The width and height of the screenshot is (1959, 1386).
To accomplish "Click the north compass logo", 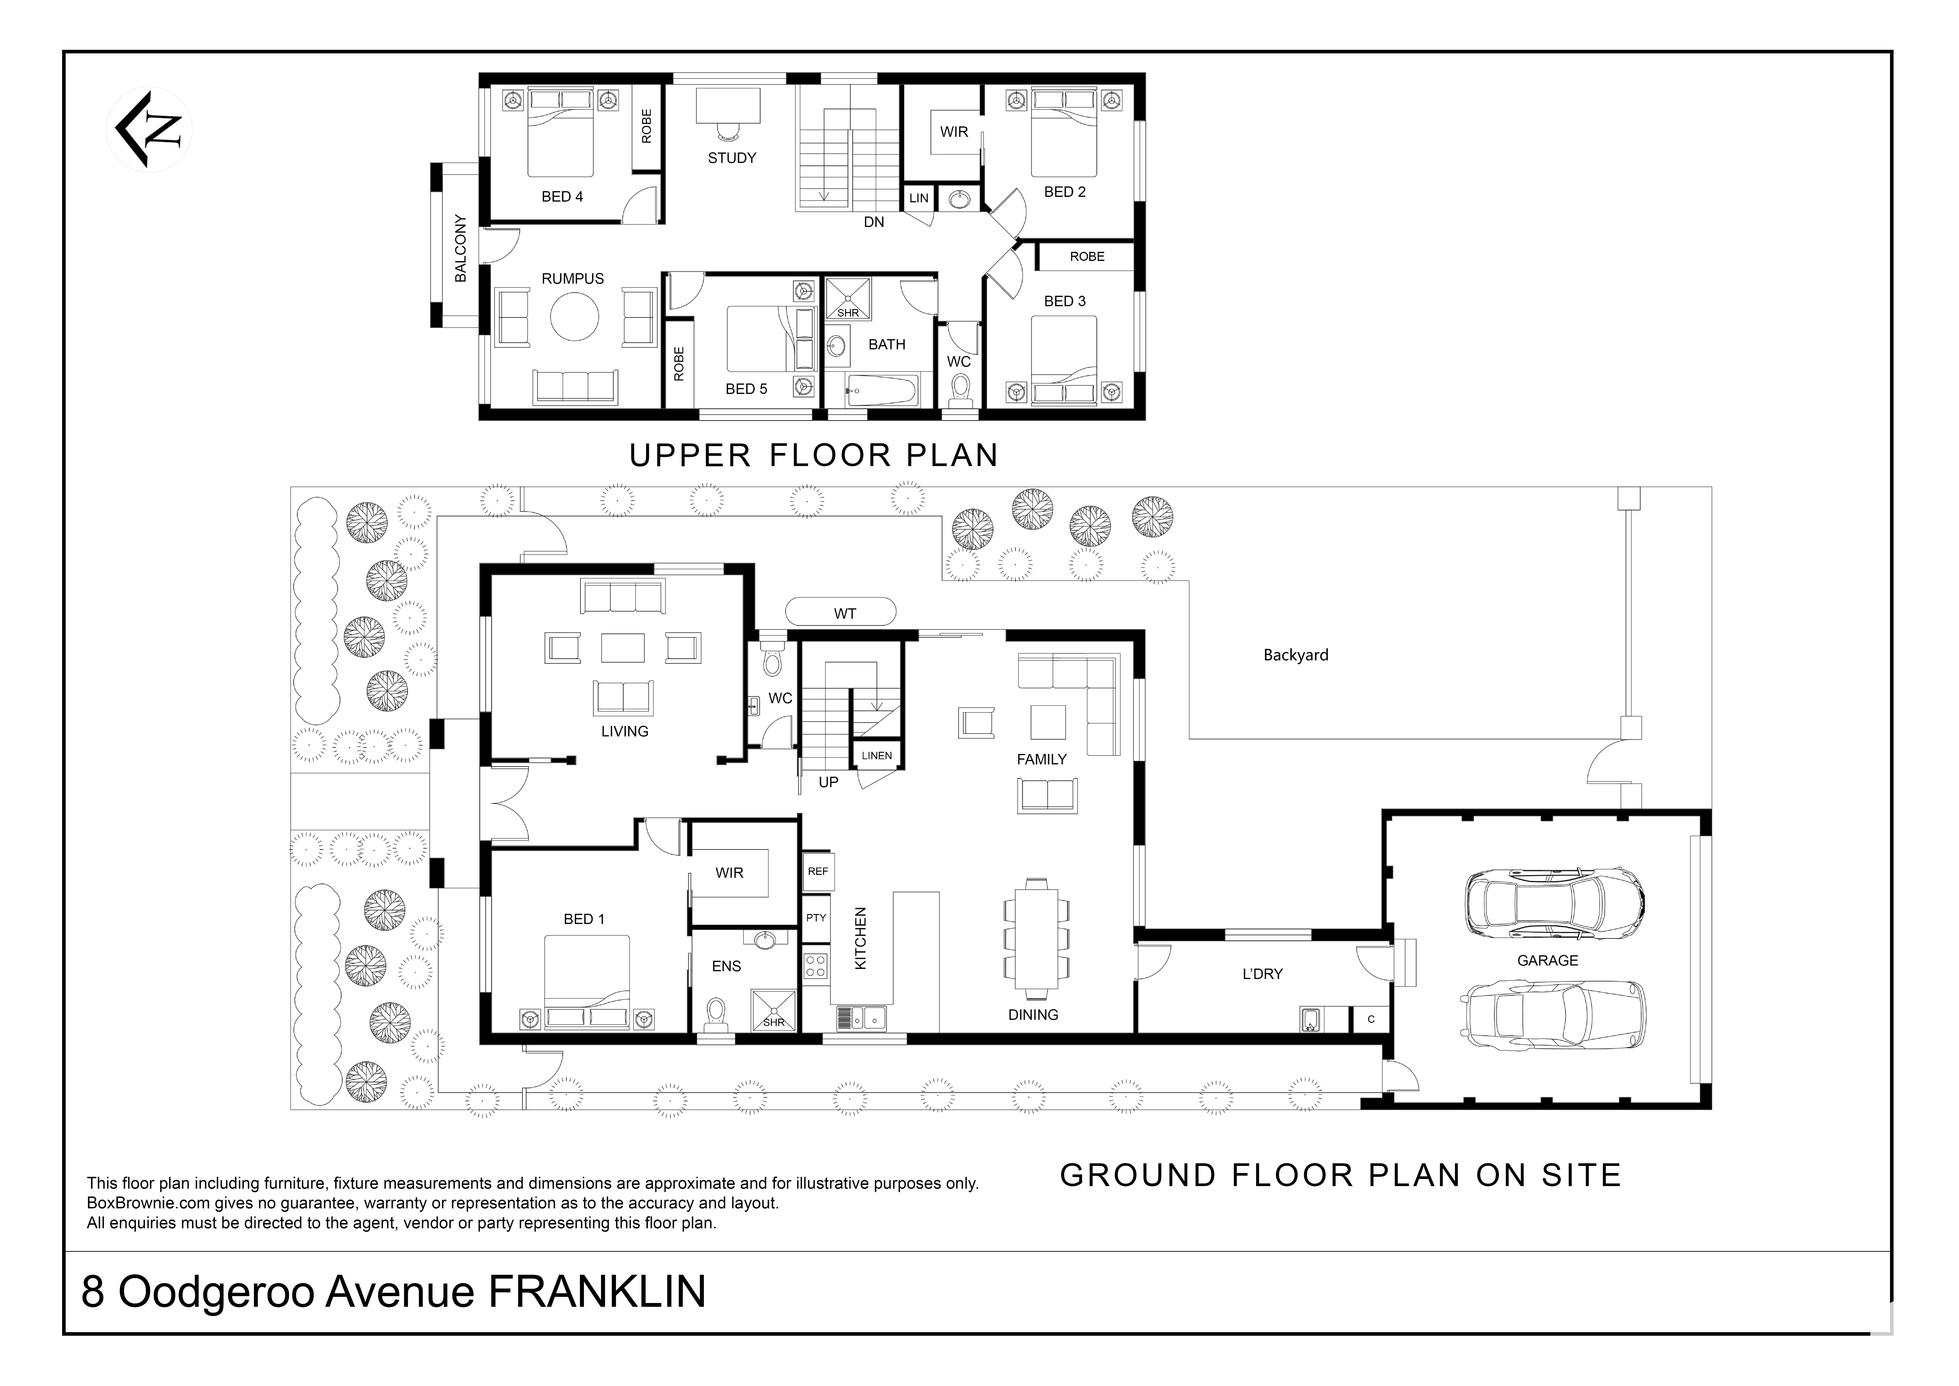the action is coord(149,130).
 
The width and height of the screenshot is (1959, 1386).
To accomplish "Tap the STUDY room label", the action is coord(732,158).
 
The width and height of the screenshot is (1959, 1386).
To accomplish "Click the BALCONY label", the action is coord(461,248).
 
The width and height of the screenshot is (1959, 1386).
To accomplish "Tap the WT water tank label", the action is coord(845,614).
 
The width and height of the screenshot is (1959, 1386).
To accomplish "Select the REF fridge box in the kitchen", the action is coord(817,871).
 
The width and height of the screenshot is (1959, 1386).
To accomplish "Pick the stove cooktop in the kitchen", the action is coord(816,965).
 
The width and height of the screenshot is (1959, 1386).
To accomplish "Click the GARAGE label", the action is coord(1547,960).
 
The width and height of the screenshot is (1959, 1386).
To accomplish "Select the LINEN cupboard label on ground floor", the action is coord(876,755).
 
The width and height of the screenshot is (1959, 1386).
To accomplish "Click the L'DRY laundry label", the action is coord(1262,974).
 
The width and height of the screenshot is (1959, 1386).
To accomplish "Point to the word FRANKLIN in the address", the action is coord(596,1291).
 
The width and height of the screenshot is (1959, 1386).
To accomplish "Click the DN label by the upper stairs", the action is coord(874,222).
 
